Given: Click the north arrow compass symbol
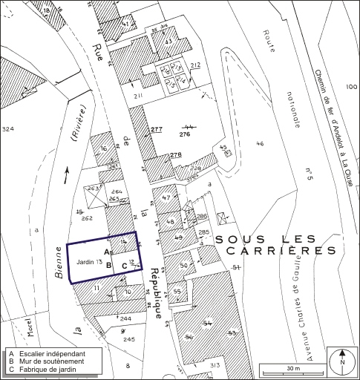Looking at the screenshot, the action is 341,361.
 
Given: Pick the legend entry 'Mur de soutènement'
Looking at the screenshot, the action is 49,361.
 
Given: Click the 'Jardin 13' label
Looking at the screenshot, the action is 89,262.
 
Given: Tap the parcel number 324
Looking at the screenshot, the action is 8,129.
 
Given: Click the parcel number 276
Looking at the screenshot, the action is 186,134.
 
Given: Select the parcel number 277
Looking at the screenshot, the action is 156,130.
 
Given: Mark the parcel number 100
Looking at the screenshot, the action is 350,88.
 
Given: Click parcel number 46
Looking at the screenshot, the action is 260,143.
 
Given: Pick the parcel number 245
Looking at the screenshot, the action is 130,339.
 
